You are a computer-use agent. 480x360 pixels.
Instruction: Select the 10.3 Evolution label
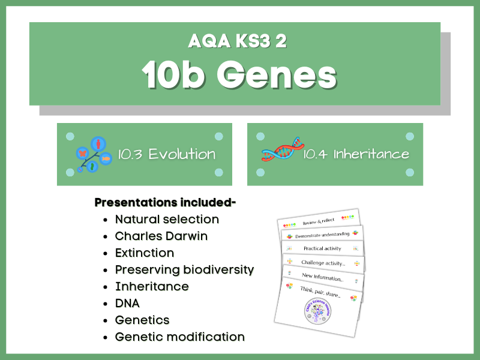pos(167,154)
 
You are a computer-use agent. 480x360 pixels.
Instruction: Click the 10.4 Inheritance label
pos(356,154)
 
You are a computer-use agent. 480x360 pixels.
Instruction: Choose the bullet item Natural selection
pos(167,220)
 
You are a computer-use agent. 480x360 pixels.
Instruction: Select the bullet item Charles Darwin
pos(161,236)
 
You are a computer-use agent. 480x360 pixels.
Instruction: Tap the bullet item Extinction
pos(145,253)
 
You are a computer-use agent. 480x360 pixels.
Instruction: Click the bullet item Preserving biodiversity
pos(184,270)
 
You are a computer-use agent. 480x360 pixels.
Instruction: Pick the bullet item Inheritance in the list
pos(152,287)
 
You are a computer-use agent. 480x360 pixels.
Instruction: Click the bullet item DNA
pos(127,304)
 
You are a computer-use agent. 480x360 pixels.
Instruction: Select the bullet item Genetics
pos(142,320)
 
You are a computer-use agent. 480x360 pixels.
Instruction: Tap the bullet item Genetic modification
pos(179,337)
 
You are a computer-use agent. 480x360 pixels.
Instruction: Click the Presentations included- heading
pos(165,203)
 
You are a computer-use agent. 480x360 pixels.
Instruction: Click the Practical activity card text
pos(322,248)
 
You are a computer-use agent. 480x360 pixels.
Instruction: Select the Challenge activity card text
pos(322,263)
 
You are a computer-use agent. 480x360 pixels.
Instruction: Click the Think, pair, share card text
pos(320,293)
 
